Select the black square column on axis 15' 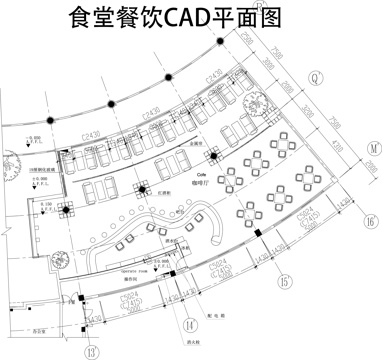pyautogui.click(x=257, y=234)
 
